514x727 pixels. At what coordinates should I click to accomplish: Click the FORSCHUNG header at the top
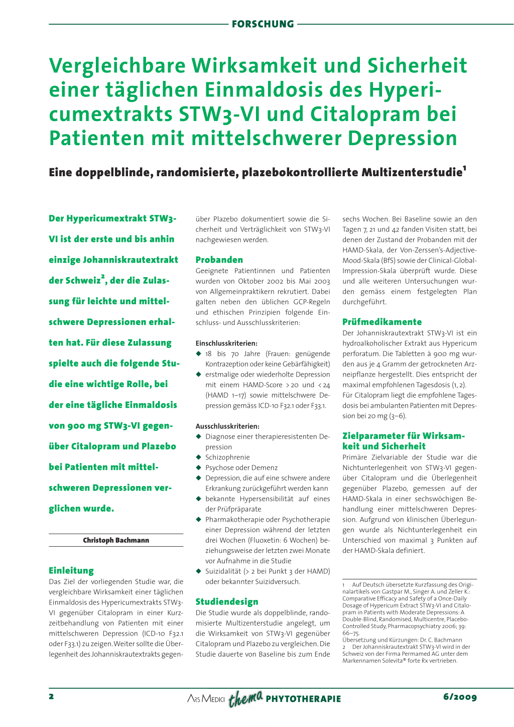pos(263,24)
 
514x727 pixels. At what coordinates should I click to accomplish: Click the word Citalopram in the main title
pos(366,114)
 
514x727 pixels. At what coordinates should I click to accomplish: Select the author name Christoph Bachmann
pos(116,540)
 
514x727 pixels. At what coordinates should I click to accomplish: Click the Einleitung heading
pos(71,570)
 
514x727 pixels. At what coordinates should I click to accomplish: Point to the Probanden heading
pos(219,260)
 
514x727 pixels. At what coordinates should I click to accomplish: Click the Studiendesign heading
pos(227,601)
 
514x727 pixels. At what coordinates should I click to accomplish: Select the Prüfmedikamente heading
pos(382,322)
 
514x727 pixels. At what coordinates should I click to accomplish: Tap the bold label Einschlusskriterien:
pos(226,343)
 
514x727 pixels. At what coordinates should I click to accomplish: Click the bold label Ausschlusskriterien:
pos(227,426)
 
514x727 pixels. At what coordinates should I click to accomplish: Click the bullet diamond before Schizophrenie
pos(198,457)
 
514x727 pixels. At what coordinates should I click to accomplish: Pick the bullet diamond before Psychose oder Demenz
pos(198,467)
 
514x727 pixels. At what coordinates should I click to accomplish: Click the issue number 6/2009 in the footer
pos(460,697)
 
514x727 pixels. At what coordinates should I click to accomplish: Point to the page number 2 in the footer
pos(51,696)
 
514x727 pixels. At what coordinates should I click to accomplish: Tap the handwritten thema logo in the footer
pos(245,698)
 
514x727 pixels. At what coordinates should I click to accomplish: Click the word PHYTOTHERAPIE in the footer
pos(303,699)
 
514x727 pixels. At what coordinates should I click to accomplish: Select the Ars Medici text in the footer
pos(206,699)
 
